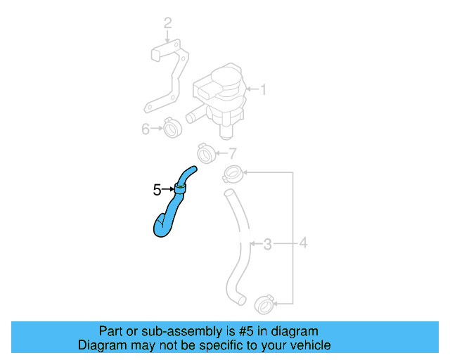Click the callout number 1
click(x=264, y=90)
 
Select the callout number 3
click(x=267, y=245)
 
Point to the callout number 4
click(x=303, y=244)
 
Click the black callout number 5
click(x=157, y=189)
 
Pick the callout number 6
click(x=146, y=129)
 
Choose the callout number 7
click(x=233, y=153)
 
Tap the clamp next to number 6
click(x=172, y=128)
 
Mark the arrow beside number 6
click(x=157, y=129)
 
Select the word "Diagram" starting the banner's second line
click(x=99, y=345)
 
